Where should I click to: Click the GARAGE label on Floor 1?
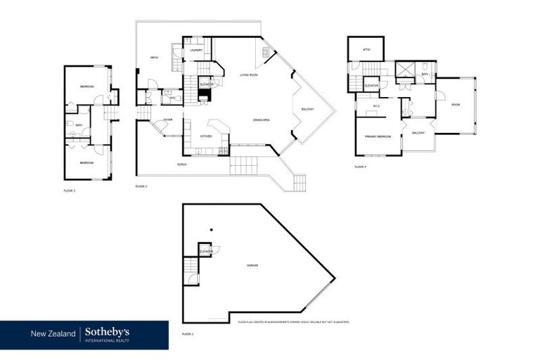252,265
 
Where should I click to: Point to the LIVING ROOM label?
248,75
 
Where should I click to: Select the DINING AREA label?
262,120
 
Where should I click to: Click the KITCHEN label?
206,136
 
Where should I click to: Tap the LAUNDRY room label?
197,51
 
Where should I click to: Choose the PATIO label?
153,58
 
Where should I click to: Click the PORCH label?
182,165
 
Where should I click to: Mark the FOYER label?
168,120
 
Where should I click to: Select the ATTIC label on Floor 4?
366,50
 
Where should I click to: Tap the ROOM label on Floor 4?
455,105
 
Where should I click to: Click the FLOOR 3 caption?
70,191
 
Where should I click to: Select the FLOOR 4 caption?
361,167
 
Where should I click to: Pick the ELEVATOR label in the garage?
206,251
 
